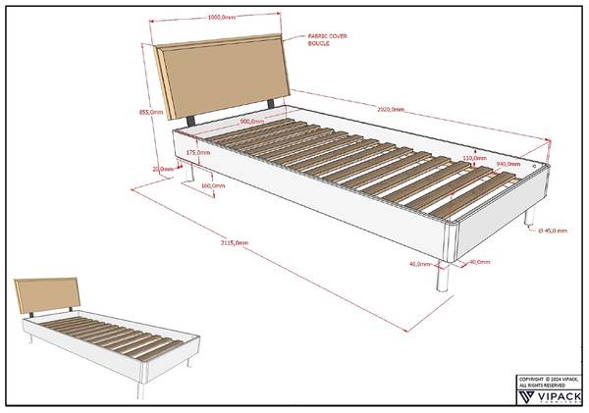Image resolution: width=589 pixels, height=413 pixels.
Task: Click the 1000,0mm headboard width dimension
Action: pos(221,18)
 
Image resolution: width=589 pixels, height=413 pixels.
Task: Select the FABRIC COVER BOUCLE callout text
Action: pos(329,40)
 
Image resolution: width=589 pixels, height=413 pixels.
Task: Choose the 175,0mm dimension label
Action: pos(196,153)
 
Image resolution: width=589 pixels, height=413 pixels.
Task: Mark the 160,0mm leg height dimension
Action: pos(211,185)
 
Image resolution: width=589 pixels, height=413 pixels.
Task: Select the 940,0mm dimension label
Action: pos(508,164)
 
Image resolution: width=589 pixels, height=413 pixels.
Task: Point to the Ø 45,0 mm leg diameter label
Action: pos(552,230)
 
